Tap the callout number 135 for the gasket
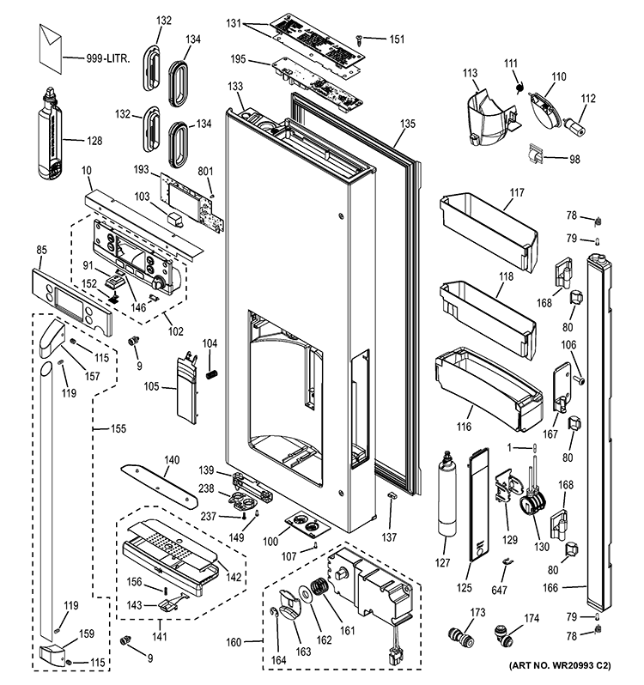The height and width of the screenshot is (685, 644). [x=407, y=124]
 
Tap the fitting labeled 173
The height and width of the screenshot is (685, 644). [x=461, y=637]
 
